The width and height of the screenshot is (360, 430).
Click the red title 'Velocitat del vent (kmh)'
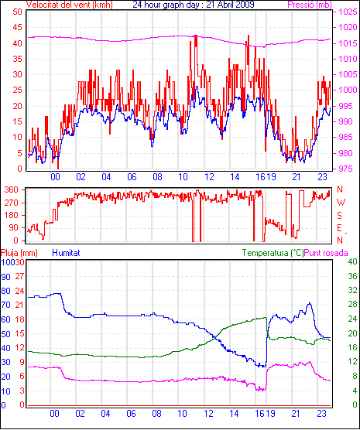click(x=70, y=5)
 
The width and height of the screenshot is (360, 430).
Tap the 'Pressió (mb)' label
click(x=310, y=5)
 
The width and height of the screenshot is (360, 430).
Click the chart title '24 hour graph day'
click(x=168, y=5)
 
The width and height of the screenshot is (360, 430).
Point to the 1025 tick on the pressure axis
click(x=348, y=12)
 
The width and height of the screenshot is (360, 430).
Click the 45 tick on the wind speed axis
click(x=17, y=27)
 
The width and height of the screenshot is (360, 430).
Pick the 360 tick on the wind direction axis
click(x=12, y=189)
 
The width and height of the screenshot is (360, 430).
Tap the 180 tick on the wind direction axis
click(x=12, y=215)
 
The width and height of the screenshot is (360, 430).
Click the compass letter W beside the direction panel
click(x=341, y=203)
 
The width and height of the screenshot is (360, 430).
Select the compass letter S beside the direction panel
click(x=339, y=216)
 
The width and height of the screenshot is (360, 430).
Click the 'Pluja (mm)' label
click(x=19, y=253)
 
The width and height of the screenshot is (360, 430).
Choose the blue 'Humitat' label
click(x=66, y=253)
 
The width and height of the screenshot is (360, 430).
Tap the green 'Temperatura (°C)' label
click(x=273, y=253)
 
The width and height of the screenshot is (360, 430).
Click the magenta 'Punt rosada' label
click(x=326, y=253)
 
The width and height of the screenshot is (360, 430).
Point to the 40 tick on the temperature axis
click(x=352, y=261)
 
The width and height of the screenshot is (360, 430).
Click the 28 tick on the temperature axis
click(x=352, y=305)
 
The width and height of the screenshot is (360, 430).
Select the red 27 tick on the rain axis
click(x=20, y=276)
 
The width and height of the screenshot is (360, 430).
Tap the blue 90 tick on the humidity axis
click(x=5, y=277)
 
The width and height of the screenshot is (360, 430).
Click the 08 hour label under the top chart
click(x=157, y=177)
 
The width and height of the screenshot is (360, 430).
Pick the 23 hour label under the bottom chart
click(x=321, y=414)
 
